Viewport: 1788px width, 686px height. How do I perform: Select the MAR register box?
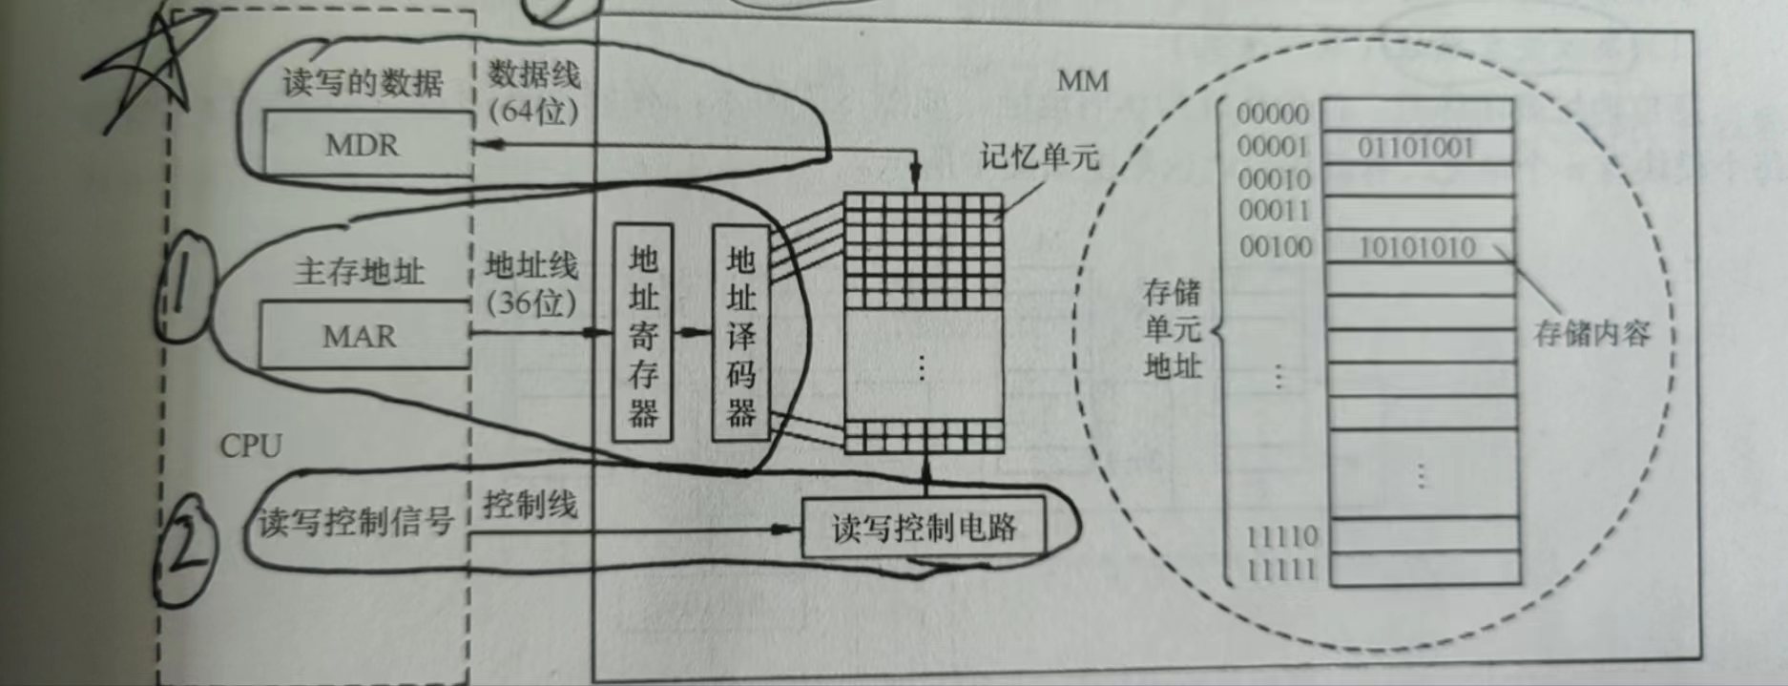(x=364, y=335)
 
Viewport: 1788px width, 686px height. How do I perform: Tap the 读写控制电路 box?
(x=923, y=528)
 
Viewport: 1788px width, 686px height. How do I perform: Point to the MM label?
(x=1083, y=81)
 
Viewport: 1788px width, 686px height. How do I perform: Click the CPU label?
(x=251, y=446)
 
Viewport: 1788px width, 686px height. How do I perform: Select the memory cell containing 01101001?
(x=1417, y=148)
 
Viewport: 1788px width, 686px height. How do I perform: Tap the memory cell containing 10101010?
(x=1418, y=248)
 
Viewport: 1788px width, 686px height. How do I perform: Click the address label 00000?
(x=1273, y=114)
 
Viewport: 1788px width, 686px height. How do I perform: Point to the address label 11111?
(x=1281, y=570)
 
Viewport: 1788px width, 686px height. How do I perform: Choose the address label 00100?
(x=1276, y=247)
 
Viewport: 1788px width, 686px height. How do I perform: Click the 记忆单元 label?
(x=1039, y=156)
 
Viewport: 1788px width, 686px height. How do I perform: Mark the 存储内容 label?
(x=1591, y=333)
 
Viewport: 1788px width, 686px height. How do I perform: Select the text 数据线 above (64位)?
(x=533, y=74)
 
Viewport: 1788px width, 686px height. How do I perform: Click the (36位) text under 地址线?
(x=531, y=303)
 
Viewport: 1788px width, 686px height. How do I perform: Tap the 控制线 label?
(x=530, y=504)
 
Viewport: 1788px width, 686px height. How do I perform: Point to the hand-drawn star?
(x=153, y=67)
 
